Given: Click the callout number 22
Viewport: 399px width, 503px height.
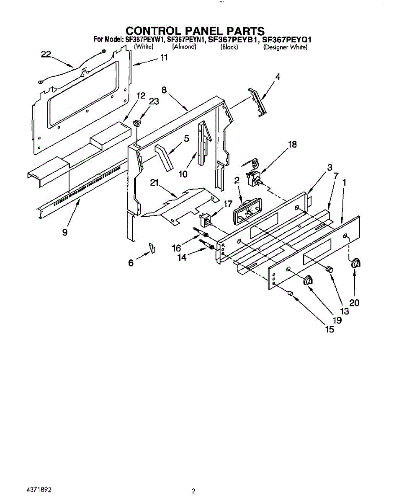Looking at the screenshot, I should [46, 54].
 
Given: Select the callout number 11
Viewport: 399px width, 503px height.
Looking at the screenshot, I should [164, 58].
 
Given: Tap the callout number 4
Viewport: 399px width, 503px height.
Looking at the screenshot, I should [278, 77].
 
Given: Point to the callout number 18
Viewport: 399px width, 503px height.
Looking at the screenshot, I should [292, 145].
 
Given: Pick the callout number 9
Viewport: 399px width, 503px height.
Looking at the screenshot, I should [65, 232].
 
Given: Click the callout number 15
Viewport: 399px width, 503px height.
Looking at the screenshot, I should [330, 329].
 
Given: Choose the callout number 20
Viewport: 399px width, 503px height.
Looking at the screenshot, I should [354, 303].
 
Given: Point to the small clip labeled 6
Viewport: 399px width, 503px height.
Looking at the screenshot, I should [152, 248].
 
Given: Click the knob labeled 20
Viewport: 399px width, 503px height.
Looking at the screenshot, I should [356, 263].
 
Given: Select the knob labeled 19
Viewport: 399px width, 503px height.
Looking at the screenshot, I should [309, 280].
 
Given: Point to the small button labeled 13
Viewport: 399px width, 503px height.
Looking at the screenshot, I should [330, 269].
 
